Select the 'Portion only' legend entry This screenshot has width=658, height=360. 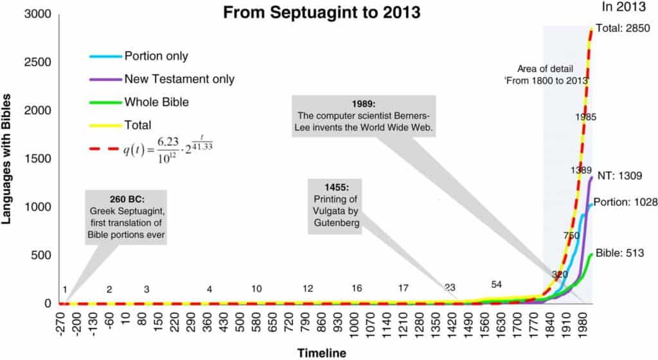tap(156, 56)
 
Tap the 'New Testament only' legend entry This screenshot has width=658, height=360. tap(179, 79)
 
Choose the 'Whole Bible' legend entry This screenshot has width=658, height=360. tap(157, 102)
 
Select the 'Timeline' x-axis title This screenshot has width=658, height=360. tap(321, 353)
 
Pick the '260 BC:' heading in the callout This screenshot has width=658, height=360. tap(126, 197)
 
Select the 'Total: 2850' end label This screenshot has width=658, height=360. tap(623, 28)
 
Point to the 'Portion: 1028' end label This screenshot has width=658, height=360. tap(625, 202)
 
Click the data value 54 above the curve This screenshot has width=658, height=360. tap(496, 284)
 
